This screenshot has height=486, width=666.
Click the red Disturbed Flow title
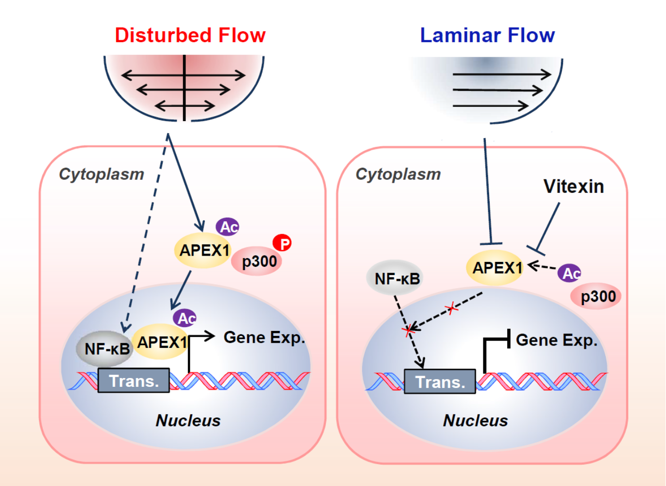point(190,35)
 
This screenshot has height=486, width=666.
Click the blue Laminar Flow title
point(487,35)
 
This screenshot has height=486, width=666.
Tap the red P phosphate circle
point(282,243)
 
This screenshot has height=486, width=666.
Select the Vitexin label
point(574,187)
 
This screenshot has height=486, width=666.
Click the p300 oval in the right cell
point(596,296)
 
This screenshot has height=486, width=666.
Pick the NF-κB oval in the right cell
point(394,278)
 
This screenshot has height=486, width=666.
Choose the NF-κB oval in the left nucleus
point(104,348)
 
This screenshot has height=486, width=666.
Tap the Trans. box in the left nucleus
point(134,381)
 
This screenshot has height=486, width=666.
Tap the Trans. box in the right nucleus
point(440,382)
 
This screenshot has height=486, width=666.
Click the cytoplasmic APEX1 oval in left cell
point(204,250)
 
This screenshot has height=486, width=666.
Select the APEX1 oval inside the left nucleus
point(161,342)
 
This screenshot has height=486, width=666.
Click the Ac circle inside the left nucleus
point(185,318)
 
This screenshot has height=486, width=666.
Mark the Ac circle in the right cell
point(569,273)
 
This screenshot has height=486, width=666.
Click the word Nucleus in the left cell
point(188,420)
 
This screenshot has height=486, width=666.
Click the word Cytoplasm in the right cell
point(398,174)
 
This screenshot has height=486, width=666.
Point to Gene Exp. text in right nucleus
point(557,340)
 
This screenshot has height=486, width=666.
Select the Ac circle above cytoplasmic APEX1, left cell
point(227,227)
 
